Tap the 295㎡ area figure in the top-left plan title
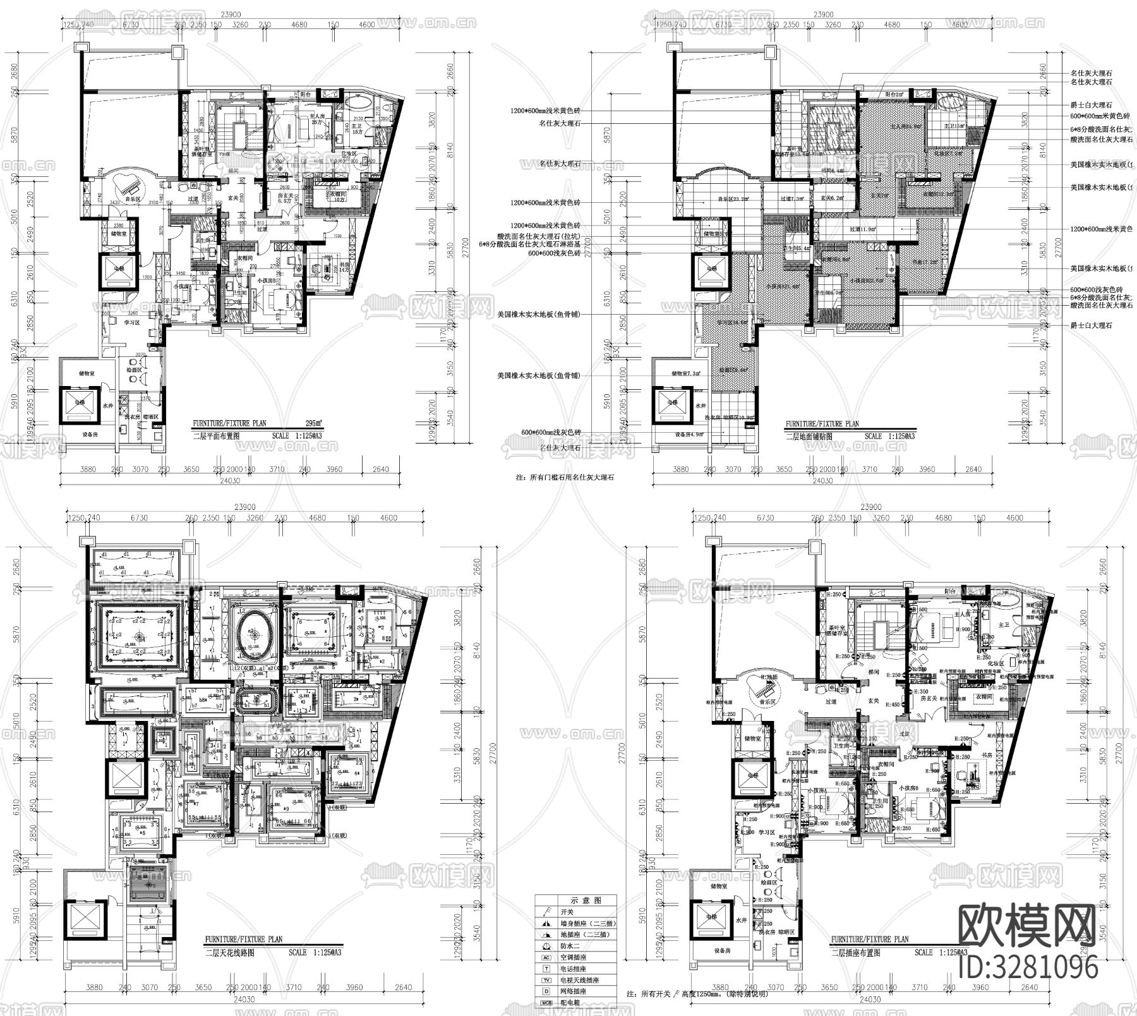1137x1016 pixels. [x=312, y=423]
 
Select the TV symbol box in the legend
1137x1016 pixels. [x=546, y=980]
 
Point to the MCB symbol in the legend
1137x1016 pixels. [x=546, y=1002]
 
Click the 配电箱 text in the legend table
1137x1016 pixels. [x=571, y=1003]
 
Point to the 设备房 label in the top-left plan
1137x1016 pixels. [x=90, y=435]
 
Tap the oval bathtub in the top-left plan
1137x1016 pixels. [x=347, y=102]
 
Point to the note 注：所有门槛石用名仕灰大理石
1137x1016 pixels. [x=565, y=478]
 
